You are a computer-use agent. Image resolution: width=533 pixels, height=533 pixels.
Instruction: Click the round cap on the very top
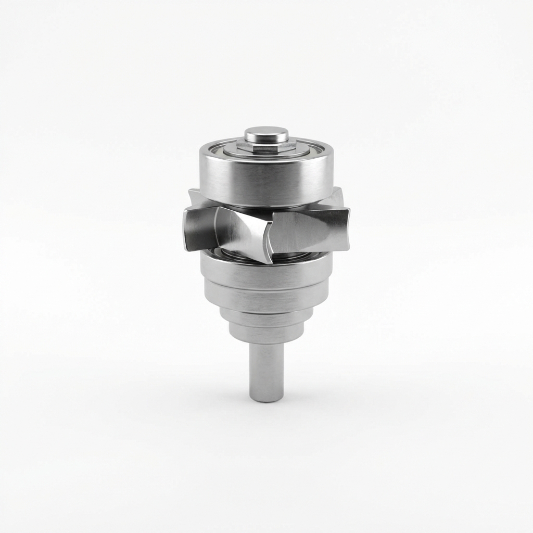266,134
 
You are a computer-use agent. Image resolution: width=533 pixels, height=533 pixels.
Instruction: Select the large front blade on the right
307,230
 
